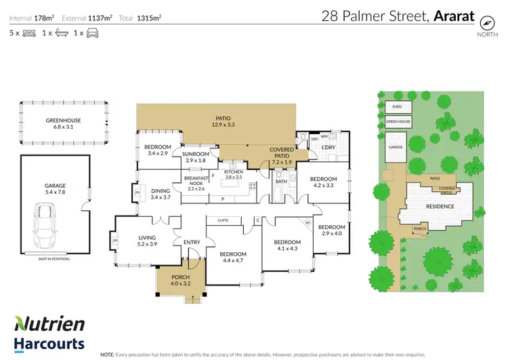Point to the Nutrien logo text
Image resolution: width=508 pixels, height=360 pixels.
coord(49,323)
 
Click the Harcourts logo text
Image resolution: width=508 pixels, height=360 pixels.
coord(49,343)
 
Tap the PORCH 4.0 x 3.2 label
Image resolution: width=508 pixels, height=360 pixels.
coord(180,281)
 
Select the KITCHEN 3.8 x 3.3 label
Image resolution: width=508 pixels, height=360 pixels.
coord(232,176)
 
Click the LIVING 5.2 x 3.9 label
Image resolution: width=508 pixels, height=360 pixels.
coord(147,241)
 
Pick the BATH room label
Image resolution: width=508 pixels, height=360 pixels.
coord(282,182)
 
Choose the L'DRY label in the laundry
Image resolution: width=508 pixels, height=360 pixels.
coord(329,147)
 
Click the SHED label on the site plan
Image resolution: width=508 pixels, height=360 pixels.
coord(397,107)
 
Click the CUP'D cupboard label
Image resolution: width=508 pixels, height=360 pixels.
coord(222,221)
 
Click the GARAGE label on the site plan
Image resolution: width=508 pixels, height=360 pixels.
coord(396,147)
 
